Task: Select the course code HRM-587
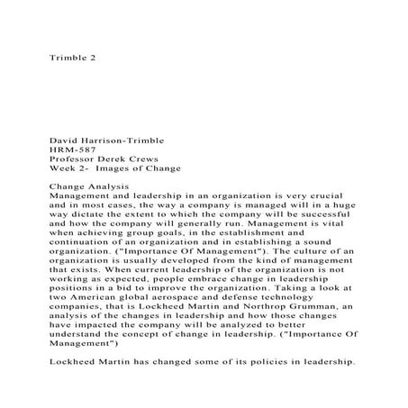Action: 73,150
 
